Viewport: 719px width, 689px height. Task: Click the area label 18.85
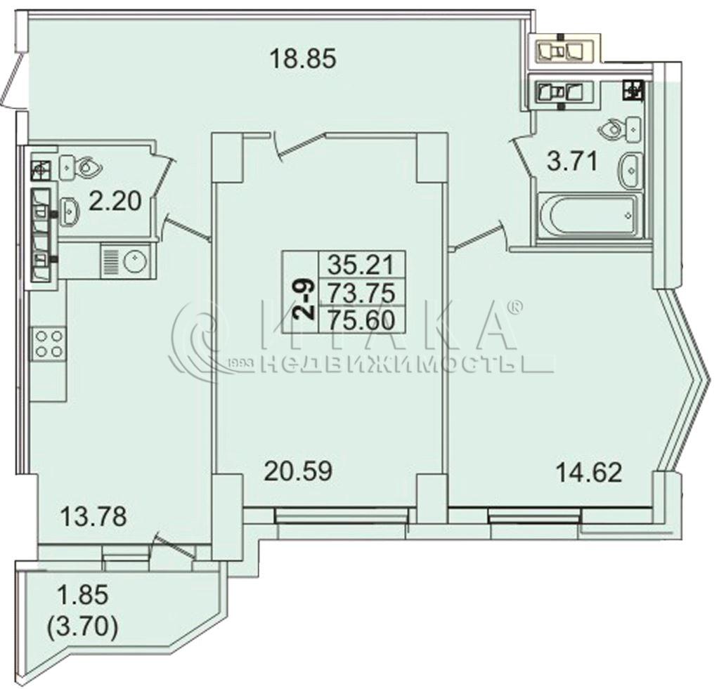click(x=303, y=58)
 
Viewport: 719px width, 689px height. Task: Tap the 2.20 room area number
click(x=115, y=202)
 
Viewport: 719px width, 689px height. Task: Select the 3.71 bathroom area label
click(x=574, y=162)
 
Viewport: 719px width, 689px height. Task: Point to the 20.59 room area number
click(x=298, y=471)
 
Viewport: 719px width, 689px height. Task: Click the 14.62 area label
click(x=589, y=472)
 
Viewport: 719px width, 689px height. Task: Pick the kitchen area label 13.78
click(x=93, y=516)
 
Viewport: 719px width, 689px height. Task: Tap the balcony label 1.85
click(x=82, y=596)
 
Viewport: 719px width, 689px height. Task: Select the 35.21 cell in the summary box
click(x=362, y=264)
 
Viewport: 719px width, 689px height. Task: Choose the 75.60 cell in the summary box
click(x=362, y=319)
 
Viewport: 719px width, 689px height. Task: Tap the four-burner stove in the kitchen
click(x=48, y=343)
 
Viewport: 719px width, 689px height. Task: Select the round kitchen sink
click(x=135, y=261)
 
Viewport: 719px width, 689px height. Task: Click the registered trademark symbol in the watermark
click(x=515, y=307)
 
